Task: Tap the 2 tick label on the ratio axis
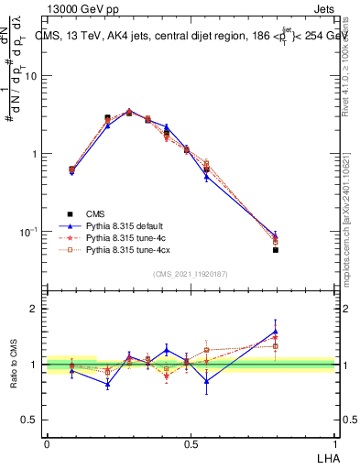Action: pyautogui.click(x=34, y=310)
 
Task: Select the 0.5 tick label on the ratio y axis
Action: pyautogui.click(x=30, y=420)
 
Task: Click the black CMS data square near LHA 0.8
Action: pyautogui.click(x=276, y=249)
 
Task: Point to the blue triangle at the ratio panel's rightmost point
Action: pyautogui.click(x=276, y=332)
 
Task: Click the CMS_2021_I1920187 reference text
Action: pyautogui.click(x=191, y=274)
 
